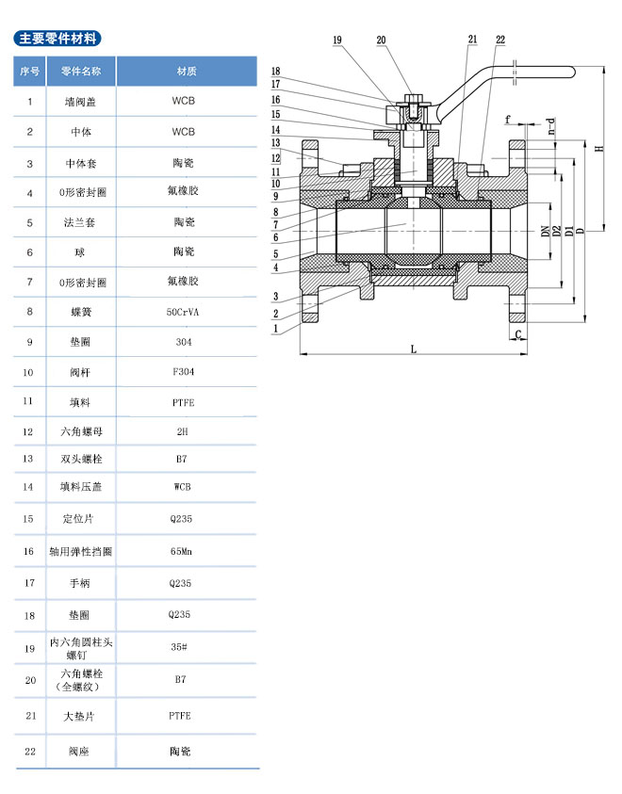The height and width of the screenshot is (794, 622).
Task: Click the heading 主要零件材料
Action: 57,39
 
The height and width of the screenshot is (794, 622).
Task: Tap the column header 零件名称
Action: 88,72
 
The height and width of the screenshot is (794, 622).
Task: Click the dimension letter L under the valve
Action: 414,348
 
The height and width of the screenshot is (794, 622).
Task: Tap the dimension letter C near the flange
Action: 519,333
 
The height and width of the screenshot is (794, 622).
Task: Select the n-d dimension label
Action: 553,126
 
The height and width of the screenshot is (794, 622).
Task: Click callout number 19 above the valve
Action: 337,40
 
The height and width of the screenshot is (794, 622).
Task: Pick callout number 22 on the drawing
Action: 500,40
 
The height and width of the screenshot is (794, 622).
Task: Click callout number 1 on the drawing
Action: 276,329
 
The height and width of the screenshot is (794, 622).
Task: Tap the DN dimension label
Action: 545,231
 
